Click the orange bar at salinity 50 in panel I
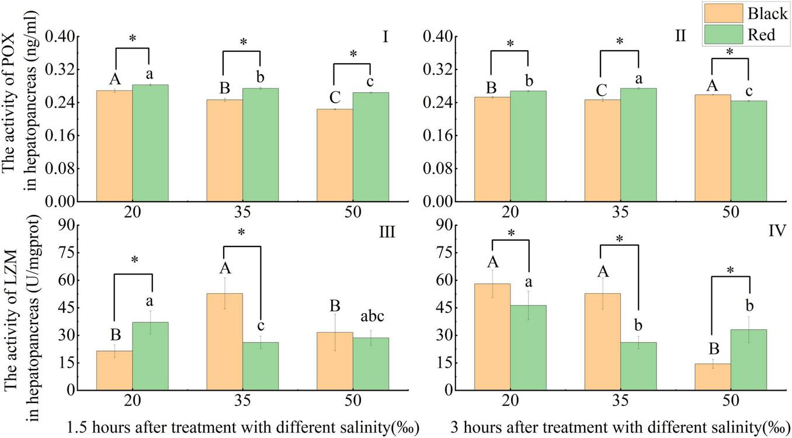pos(335,155)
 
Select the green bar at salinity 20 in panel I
pos(150,143)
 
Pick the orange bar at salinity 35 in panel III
pos(224,342)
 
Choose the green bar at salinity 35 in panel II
pos(638,145)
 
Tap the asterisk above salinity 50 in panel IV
pos(730,270)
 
